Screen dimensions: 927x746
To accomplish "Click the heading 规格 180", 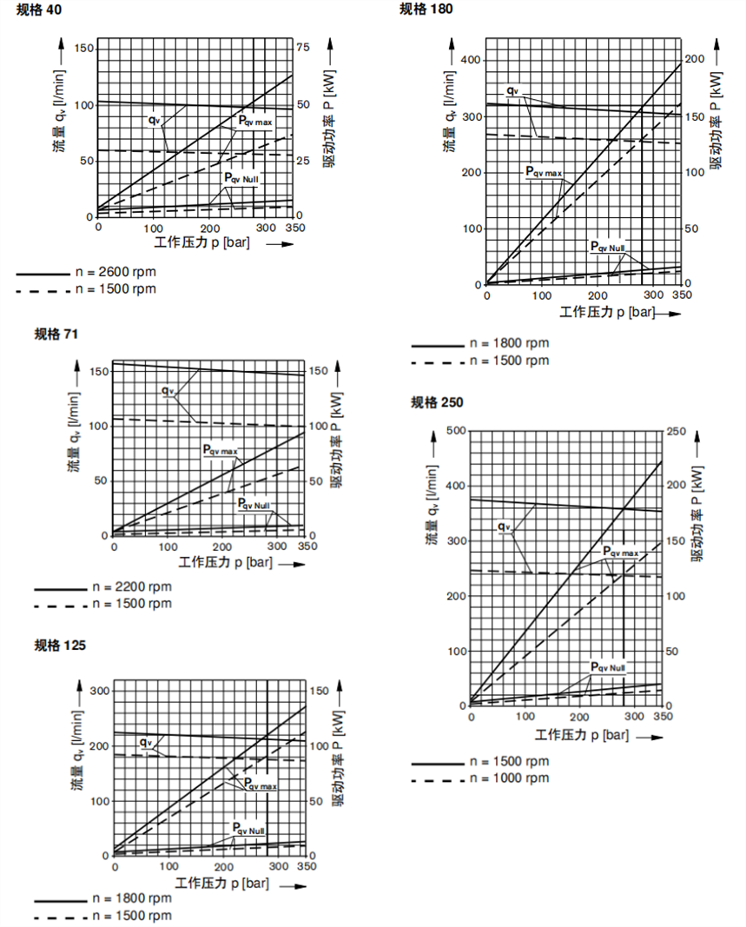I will (x=426, y=9).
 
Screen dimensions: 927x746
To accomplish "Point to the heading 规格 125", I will (x=60, y=645).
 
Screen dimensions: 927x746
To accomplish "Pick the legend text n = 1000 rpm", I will (x=509, y=778).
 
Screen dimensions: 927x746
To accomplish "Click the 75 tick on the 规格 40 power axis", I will (x=303, y=47).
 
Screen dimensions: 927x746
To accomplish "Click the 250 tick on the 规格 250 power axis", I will (x=675, y=430).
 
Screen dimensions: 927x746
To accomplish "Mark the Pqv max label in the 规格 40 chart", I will (x=255, y=121).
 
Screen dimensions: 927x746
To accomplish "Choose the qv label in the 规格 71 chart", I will (x=168, y=390).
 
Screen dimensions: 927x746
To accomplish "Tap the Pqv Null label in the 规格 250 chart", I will (x=608, y=667).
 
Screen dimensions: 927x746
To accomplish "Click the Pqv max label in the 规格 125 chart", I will (x=260, y=785).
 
